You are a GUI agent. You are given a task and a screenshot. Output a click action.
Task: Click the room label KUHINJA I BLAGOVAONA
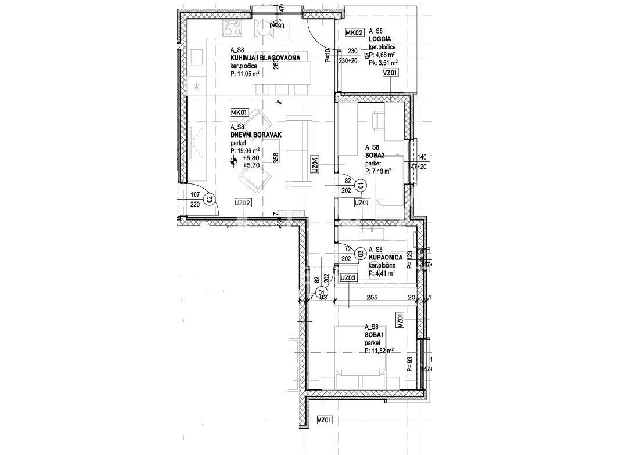point(268,58)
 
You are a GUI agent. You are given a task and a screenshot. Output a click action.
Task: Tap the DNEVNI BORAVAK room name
point(256,135)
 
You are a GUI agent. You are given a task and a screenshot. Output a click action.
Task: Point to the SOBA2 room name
point(376,156)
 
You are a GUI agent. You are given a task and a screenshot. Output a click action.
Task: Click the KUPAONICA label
point(386,257)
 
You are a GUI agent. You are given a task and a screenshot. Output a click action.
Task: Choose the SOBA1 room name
point(375,335)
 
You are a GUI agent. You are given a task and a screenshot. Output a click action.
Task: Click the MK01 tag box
point(239,113)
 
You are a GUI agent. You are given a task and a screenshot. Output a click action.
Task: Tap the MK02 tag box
point(354,32)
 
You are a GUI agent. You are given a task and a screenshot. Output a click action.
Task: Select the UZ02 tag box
point(243,203)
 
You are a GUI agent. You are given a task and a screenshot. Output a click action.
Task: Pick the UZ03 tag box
point(348,278)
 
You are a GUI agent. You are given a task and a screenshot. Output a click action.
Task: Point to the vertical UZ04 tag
point(315,165)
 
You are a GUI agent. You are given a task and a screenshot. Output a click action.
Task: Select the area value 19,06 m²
point(247,150)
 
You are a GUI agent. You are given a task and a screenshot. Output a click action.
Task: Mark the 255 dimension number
point(373,297)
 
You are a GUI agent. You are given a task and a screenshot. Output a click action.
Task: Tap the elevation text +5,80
point(251,158)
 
